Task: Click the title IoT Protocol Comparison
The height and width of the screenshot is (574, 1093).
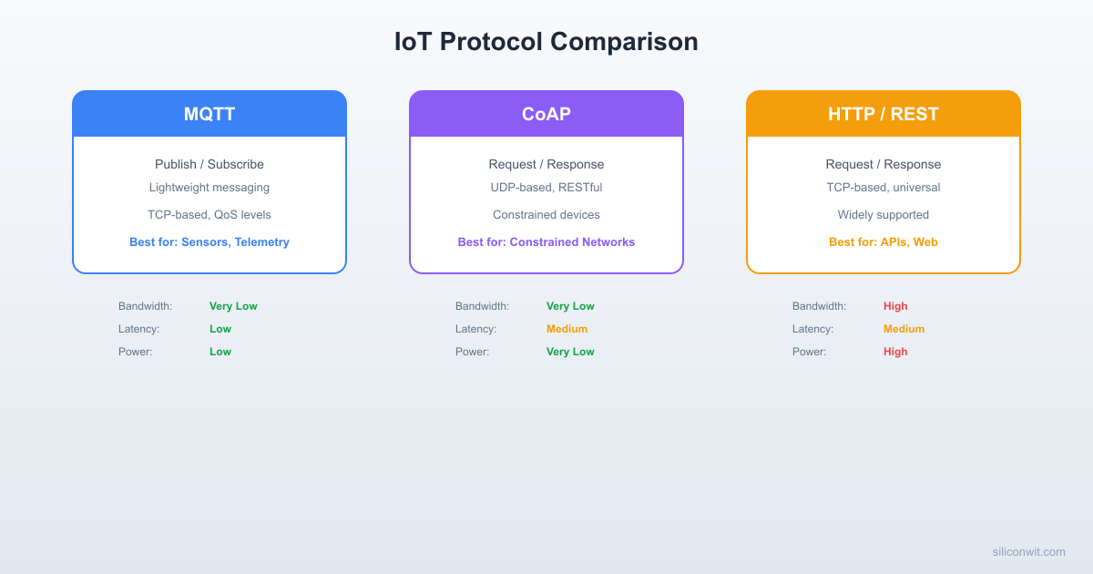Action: pyautogui.click(x=546, y=42)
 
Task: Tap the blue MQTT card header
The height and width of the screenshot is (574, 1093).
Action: pyautogui.click(x=209, y=114)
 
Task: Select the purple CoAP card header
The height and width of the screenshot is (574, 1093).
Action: pyautogui.click(x=546, y=114)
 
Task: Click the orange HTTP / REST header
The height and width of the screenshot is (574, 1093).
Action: pyautogui.click(x=883, y=114)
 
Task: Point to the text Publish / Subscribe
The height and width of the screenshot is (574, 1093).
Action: pyautogui.click(x=209, y=164)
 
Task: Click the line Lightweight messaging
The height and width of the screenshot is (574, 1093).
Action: pyautogui.click(x=209, y=188)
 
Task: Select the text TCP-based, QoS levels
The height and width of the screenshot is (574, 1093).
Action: pyautogui.click(x=209, y=215)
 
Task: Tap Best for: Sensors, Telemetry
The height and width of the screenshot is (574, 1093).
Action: pyautogui.click(x=209, y=242)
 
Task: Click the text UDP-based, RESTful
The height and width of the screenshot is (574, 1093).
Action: pyautogui.click(x=546, y=188)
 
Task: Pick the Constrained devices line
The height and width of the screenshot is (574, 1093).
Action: pyautogui.click(x=546, y=215)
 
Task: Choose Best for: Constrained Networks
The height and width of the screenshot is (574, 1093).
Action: pyautogui.click(x=546, y=242)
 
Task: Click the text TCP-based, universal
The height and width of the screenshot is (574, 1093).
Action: pyautogui.click(x=883, y=188)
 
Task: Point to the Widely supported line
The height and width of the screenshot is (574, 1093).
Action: pyautogui.click(x=883, y=215)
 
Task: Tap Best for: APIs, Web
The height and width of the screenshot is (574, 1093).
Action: pyautogui.click(x=883, y=242)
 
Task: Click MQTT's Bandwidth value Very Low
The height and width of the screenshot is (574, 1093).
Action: pyautogui.click(x=233, y=306)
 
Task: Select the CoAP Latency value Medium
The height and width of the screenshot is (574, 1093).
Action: pyautogui.click(x=567, y=329)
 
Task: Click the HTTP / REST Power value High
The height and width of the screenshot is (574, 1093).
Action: pyautogui.click(x=895, y=352)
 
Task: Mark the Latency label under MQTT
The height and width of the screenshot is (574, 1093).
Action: pyautogui.click(x=138, y=329)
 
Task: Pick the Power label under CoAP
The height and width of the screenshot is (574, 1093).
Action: pyautogui.click(x=472, y=352)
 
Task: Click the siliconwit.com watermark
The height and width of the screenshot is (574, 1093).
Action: pyautogui.click(x=1028, y=551)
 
